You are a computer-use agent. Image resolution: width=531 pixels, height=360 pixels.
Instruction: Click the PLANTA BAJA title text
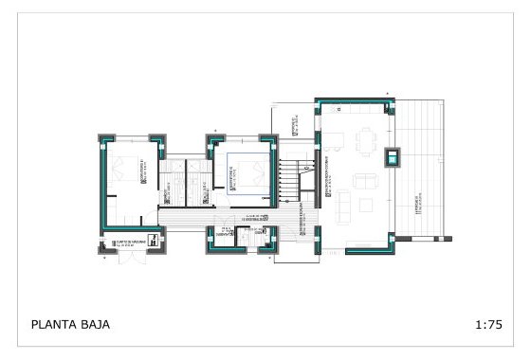pyautogui.click(x=70, y=324)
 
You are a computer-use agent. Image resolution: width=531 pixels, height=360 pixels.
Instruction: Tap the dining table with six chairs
pyautogui.click(x=366, y=142)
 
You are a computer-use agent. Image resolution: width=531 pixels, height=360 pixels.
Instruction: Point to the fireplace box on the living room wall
pyautogui.click(x=393, y=156)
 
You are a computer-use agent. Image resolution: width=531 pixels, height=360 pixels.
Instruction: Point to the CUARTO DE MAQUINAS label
pyautogui.click(x=132, y=243)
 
